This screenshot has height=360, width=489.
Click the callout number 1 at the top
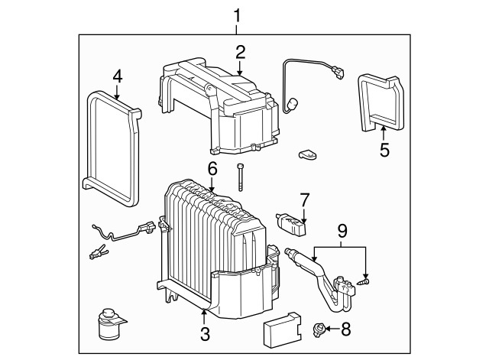[x=237, y=15]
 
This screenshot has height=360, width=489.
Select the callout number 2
[x=241, y=53]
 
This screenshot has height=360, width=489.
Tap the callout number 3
[x=205, y=334]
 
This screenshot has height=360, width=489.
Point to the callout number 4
[x=118, y=76]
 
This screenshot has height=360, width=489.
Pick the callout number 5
[x=384, y=150]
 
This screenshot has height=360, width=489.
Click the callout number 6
[x=212, y=170]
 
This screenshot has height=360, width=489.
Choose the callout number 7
[x=304, y=200]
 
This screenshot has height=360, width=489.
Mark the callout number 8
[x=346, y=329]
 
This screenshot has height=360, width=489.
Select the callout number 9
[x=342, y=231]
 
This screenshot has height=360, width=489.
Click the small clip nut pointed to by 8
[x=318, y=329]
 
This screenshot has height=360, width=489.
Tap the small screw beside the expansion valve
[x=364, y=282]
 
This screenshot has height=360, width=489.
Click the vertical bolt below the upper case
[x=240, y=177]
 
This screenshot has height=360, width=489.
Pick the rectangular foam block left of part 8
[x=283, y=330]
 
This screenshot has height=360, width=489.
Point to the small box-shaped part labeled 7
[x=292, y=224]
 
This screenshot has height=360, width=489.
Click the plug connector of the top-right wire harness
[x=338, y=73]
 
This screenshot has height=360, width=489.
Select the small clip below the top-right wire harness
[x=308, y=154]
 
